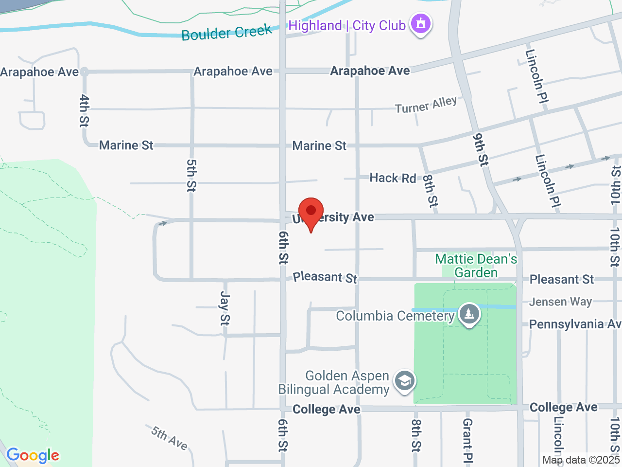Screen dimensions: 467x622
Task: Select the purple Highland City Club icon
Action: tap(421, 24)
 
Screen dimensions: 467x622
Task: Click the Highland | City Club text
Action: tap(347, 25)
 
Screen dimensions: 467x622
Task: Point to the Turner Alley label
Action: tap(426, 105)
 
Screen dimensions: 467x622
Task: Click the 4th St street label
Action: tap(84, 110)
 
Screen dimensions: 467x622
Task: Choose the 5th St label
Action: tap(191, 175)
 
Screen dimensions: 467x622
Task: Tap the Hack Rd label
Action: tap(393, 178)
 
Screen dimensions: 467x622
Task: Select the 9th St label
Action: tap(480, 150)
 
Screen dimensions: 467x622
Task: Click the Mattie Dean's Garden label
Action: tap(476, 266)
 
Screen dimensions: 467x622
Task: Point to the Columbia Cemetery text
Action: tap(395, 316)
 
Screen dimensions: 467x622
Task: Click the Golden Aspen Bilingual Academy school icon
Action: tap(404, 381)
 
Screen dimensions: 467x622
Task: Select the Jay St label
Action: tap(225, 308)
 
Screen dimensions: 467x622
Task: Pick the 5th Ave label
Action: tap(169, 438)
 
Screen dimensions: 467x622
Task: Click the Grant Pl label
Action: tap(467, 440)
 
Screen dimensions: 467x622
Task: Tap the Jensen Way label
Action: tap(560, 302)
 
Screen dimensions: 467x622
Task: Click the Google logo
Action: tap(33, 456)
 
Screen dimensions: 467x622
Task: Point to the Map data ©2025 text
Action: tap(581, 460)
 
